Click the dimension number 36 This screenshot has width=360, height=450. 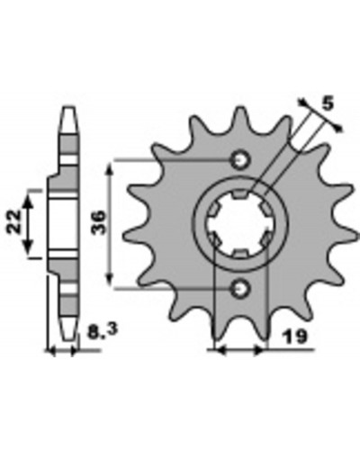pos(98,222)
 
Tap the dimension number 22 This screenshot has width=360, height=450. pos(13,221)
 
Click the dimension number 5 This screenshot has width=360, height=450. pos(328,103)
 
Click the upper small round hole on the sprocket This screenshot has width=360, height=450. pos(239,160)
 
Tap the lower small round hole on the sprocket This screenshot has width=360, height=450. pos(240,289)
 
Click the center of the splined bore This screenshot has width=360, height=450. pos(240,224)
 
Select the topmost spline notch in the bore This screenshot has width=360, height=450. pos(240,194)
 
